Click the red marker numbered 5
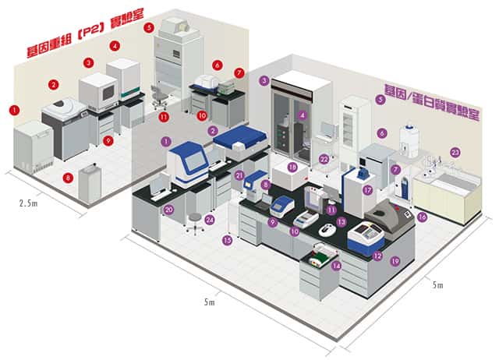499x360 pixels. (148, 27)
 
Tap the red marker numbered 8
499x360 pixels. (68, 178)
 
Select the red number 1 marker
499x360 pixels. (13, 110)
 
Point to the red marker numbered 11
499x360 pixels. (164, 117)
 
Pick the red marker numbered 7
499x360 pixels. (239, 72)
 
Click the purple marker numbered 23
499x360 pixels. (455, 152)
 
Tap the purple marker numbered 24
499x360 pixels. (209, 220)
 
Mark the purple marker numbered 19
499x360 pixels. (395, 261)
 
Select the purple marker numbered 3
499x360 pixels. (264, 80)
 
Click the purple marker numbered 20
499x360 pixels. (168, 209)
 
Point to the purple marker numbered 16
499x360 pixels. (422, 217)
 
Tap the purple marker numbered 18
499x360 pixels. (292, 167)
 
